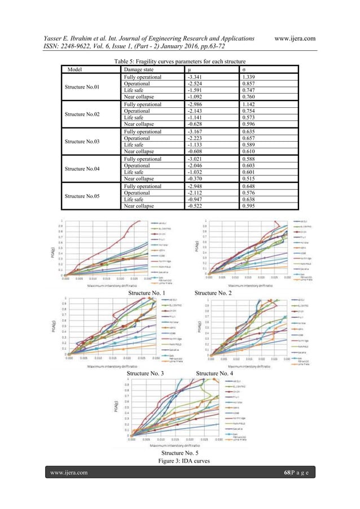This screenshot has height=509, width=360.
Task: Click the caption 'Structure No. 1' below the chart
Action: click(x=148, y=294)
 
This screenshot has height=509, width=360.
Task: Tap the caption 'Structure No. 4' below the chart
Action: click(x=214, y=374)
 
